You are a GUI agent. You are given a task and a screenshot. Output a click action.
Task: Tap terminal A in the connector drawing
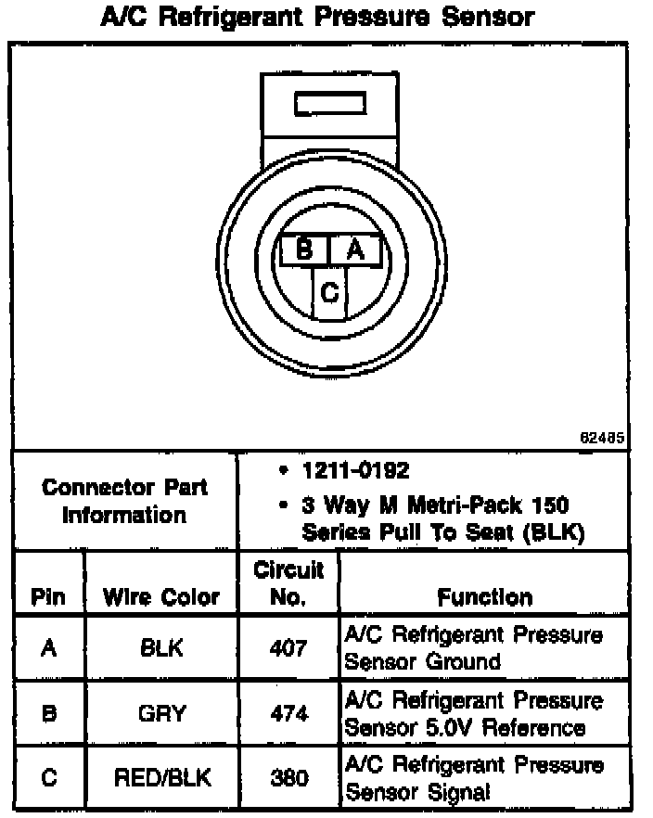click(x=354, y=249)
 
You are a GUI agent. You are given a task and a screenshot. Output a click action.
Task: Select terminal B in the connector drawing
click(x=303, y=249)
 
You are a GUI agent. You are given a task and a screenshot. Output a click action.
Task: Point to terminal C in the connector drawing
click(x=329, y=293)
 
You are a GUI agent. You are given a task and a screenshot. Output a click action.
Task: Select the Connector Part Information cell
click(x=125, y=501)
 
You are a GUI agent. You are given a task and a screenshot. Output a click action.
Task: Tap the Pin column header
click(x=47, y=597)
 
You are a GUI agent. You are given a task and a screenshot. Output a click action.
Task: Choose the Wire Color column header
click(x=161, y=597)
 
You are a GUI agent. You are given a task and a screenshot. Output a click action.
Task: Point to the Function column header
click(x=484, y=597)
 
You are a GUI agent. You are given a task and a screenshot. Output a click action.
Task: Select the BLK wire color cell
click(x=161, y=649)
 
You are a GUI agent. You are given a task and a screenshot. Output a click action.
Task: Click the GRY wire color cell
click(x=161, y=713)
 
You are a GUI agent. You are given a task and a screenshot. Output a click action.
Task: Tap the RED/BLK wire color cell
click(x=161, y=777)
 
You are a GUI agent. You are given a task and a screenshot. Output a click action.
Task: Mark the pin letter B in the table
click(x=47, y=713)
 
